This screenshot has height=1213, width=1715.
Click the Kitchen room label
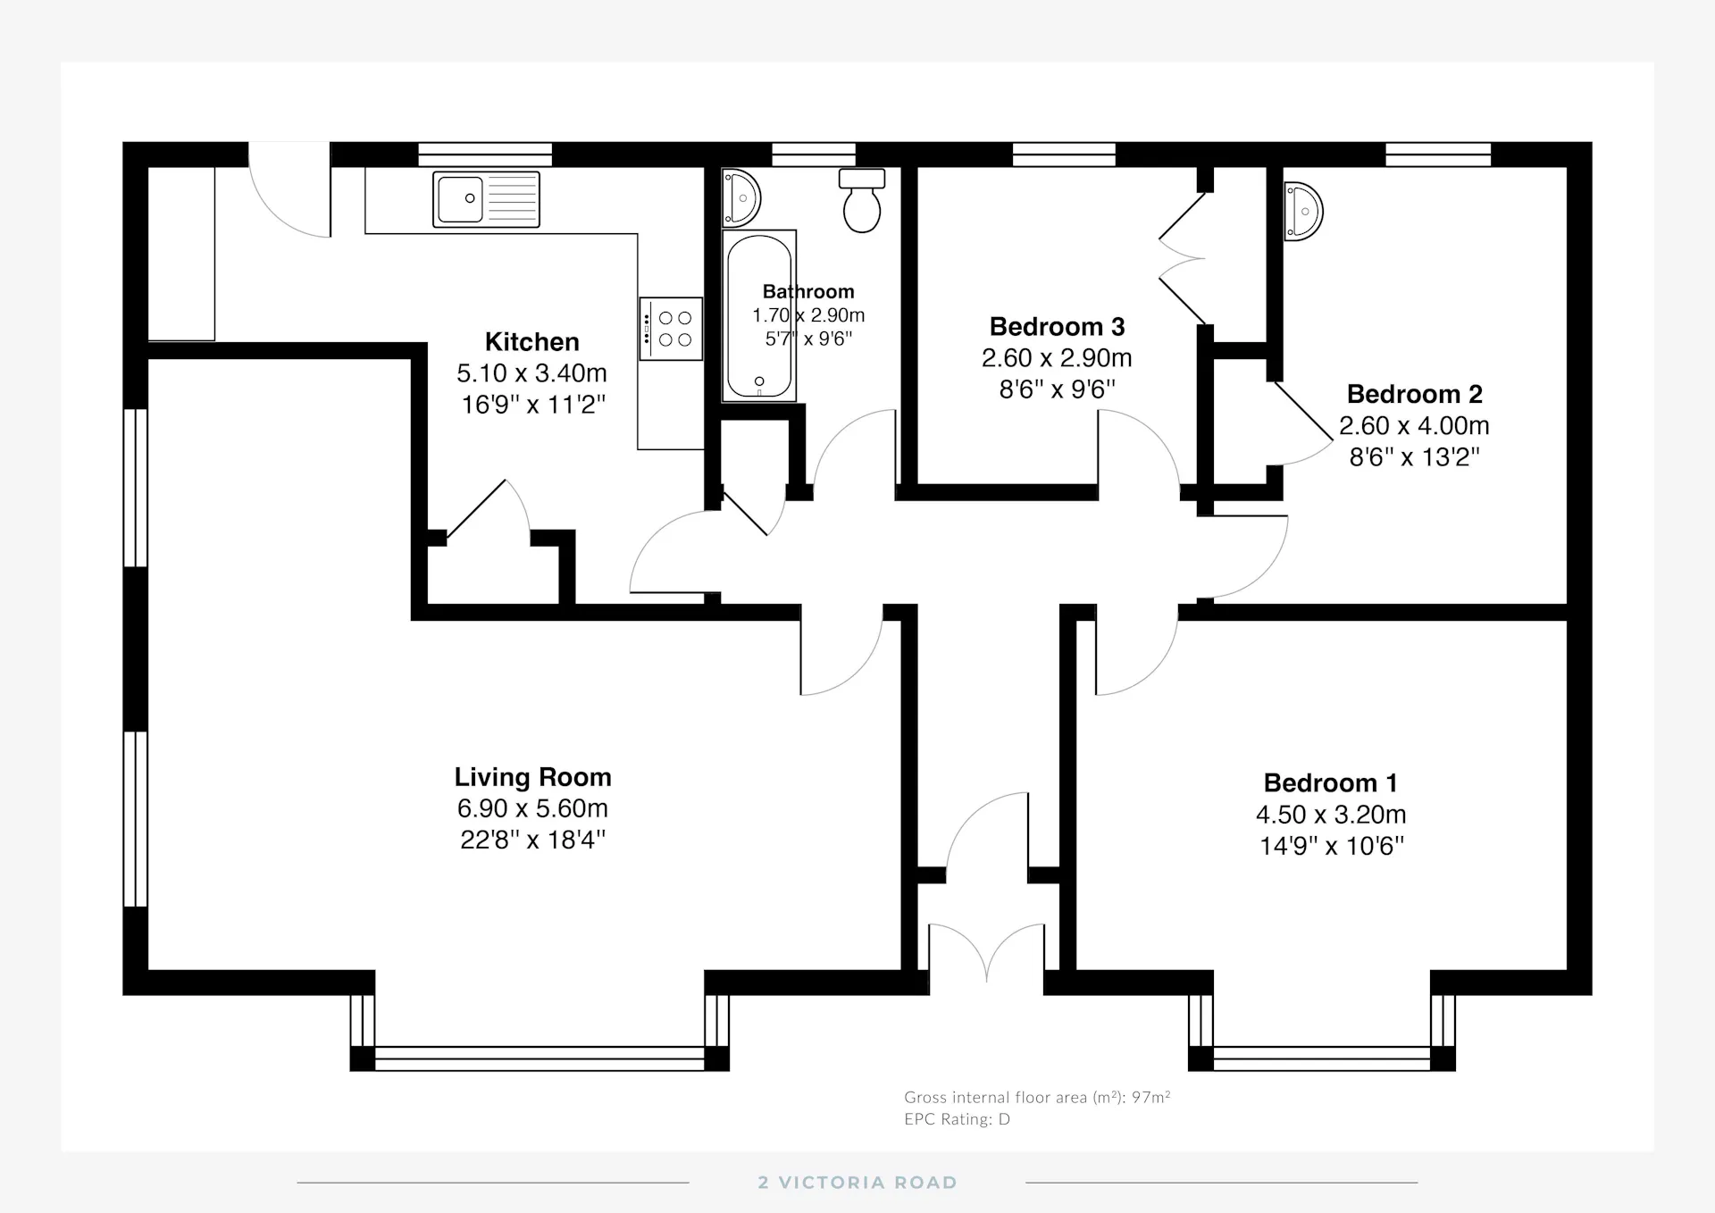point(531,342)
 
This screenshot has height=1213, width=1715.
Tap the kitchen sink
point(486,199)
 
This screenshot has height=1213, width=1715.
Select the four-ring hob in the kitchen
point(671,329)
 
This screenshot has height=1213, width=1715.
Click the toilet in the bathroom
point(862,200)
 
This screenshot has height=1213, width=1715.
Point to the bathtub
point(759,316)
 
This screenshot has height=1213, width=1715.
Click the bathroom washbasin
point(740,197)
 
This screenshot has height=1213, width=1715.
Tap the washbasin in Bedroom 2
point(1303,212)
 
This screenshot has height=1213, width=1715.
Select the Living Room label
point(532,777)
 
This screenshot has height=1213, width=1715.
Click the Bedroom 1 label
point(1330,783)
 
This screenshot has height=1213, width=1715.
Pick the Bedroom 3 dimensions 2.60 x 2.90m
point(1057,358)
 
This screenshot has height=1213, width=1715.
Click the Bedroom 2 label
point(1414,394)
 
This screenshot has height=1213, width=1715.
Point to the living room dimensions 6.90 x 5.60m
point(532,808)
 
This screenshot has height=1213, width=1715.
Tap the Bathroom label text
point(808,291)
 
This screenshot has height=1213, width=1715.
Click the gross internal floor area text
point(1037,1097)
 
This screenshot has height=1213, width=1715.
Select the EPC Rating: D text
point(957,1119)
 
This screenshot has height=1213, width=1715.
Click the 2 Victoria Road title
point(857,1183)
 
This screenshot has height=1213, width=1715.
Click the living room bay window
point(540,1058)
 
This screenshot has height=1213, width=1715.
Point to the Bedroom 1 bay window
point(1322,1058)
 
